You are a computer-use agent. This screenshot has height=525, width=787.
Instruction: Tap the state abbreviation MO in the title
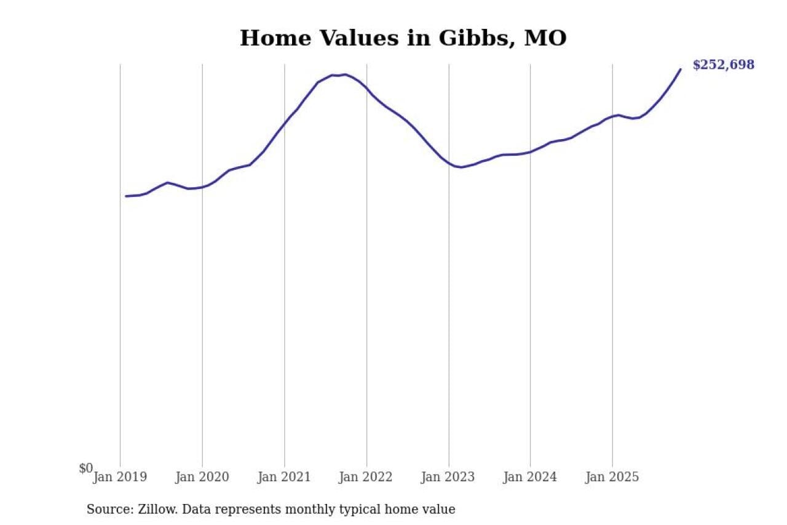tap(545, 38)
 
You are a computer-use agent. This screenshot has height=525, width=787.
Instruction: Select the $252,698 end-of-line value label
tap(723, 65)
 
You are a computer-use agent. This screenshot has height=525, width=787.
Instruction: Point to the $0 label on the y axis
tap(86, 468)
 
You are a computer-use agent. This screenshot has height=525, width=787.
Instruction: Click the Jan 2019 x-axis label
tap(120, 477)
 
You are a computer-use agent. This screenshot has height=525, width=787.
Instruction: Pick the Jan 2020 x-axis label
tap(202, 477)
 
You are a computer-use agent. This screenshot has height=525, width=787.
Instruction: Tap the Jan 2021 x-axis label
tap(284, 477)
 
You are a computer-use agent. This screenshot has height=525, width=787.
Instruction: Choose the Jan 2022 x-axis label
tap(366, 477)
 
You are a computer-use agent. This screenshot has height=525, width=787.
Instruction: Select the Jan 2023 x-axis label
tap(448, 477)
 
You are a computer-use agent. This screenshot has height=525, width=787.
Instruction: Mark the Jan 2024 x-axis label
tap(530, 477)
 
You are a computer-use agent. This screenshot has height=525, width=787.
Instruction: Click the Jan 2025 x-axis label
tap(612, 477)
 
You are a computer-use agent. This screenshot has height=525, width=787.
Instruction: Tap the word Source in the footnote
tap(108, 510)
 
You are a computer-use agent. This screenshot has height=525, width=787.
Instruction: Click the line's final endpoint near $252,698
tap(680, 69)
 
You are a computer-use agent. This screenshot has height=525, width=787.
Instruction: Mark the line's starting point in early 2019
tap(126, 196)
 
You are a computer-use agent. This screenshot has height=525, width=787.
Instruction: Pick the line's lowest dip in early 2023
tap(461, 167)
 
